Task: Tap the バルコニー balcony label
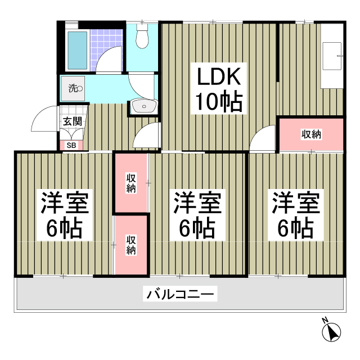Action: pyautogui.click(x=180, y=294)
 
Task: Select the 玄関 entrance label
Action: pyautogui.click(x=72, y=120)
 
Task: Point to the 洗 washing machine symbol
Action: pyautogui.click(x=75, y=88)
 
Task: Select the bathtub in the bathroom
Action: pyautogui.click(x=78, y=51)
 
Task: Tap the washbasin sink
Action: pyautogui.click(x=145, y=106)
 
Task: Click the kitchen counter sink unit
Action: pyautogui.click(x=332, y=65)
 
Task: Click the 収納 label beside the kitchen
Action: pyautogui.click(x=311, y=134)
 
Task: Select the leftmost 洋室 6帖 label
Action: pyautogui.click(x=64, y=215)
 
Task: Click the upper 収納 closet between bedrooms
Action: pyautogui.click(x=131, y=183)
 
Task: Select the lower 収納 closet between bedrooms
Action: pyautogui.click(x=131, y=245)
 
